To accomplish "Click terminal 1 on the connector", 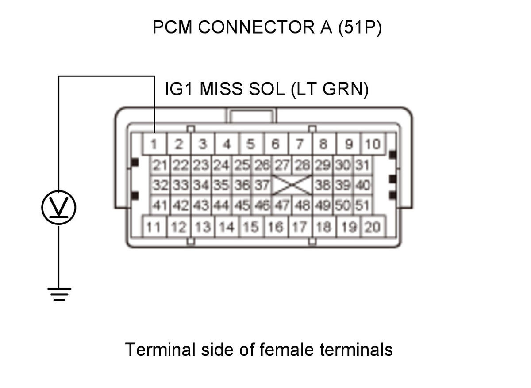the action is [154, 144].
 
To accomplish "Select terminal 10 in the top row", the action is [373, 144].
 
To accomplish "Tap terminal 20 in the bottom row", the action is [373, 227].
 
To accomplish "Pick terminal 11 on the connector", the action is [154, 227].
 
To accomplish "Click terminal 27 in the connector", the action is [282, 165].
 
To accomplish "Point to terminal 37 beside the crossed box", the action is [262, 185].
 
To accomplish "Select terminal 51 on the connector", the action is [362, 205].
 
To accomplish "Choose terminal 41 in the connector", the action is [160, 205].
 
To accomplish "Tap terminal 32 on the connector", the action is [160, 185].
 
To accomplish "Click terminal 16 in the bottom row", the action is [276, 227].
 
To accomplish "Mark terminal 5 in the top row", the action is [251, 144].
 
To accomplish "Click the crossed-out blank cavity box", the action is [292, 185].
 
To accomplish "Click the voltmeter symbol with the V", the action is [59, 207].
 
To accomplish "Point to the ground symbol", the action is [59, 294].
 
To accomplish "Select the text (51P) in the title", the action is [360, 28].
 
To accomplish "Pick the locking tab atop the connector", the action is [251, 116].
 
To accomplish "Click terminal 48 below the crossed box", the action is [302, 205].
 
